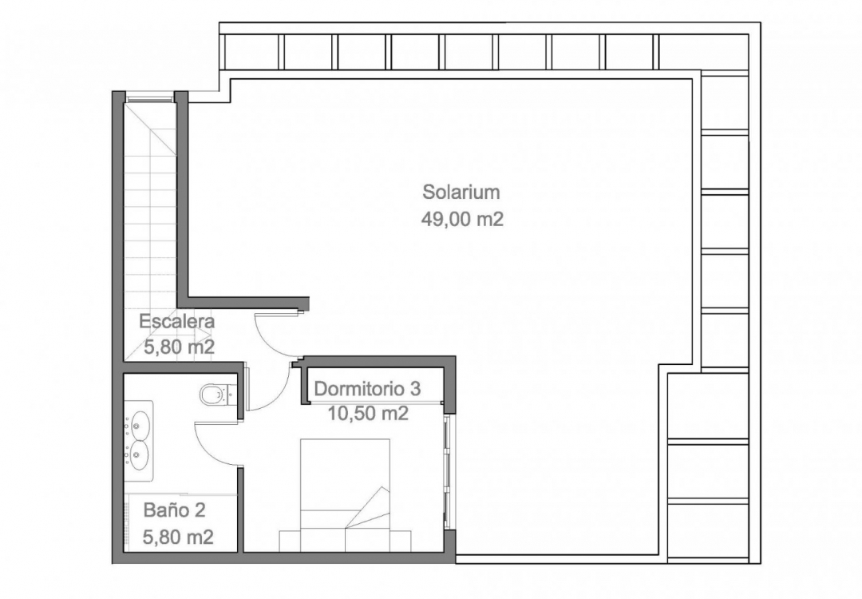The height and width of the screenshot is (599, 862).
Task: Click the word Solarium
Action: point(461,192)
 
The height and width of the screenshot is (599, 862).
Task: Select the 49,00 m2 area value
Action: point(462,219)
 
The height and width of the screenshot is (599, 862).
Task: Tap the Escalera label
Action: point(176,321)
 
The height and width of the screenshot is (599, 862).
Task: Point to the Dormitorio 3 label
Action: point(367,388)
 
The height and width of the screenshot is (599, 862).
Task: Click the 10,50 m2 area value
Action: point(368,413)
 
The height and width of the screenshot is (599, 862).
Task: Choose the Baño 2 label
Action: point(174,510)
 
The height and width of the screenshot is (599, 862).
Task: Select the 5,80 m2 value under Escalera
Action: point(179,347)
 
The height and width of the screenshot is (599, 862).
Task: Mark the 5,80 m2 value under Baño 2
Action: point(177,537)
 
